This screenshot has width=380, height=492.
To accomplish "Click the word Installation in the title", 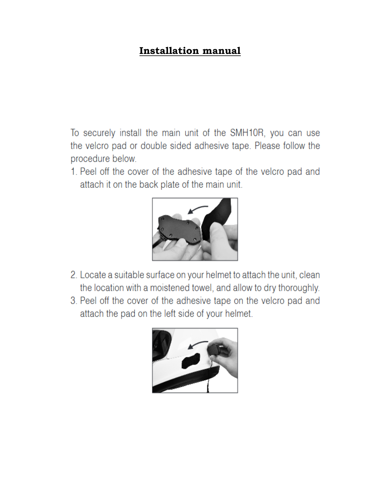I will (x=169, y=51).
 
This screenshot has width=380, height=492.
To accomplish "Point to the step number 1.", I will (x=73, y=172).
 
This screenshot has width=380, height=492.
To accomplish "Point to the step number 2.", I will (x=74, y=275).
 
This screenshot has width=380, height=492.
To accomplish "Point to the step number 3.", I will (x=74, y=301).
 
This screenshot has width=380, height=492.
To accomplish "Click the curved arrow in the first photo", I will (x=197, y=209).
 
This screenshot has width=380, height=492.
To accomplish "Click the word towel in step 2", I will (x=202, y=288).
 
